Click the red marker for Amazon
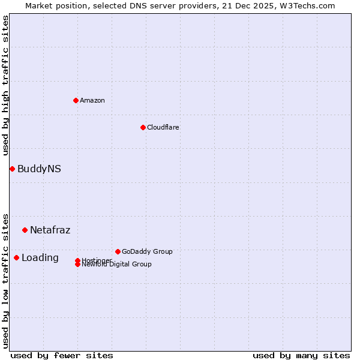pos(76,100)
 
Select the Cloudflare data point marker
pos(143,127)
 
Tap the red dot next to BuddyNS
pos(12,169)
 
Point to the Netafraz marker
pos(25,230)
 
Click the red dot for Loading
pos(16,257)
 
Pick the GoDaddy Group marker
pos(118,251)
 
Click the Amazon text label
pos(92,100)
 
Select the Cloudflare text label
pos(163,127)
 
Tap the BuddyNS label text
pos(39,169)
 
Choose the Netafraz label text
pos(50,230)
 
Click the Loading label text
pos(40,258)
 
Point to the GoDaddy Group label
pos(147,251)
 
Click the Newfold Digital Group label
pos(117,265)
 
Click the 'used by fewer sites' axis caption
pos(62,355)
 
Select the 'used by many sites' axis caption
pos(301,355)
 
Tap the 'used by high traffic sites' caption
pos(6,85)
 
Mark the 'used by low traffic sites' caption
pos(6,280)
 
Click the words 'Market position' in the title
pos(53,6)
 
